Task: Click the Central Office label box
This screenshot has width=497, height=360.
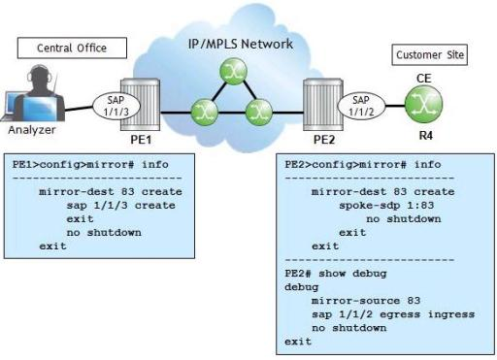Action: pyautogui.click(x=72, y=48)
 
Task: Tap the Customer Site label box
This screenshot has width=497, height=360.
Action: pyautogui.click(x=430, y=54)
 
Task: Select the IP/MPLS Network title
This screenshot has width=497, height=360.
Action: pyautogui.click(x=241, y=44)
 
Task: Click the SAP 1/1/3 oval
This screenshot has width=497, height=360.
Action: pyautogui.click(x=116, y=106)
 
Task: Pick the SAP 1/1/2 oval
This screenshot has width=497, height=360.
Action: pyautogui.click(x=361, y=106)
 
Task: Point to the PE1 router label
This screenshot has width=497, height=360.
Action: pyautogui.click(x=141, y=140)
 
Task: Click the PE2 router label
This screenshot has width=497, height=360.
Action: pyautogui.click(x=324, y=140)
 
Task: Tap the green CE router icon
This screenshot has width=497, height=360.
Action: pyautogui.click(x=424, y=104)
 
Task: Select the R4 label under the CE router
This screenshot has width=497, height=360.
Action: pyautogui.click(x=425, y=136)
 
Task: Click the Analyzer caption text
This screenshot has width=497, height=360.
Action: pyautogui.click(x=32, y=130)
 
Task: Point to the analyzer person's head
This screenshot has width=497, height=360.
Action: pyautogui.click(x=40, y=76)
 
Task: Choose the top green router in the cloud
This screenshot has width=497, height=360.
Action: pyautogui.click(x=233, y=72)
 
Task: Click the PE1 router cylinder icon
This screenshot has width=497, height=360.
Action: pyautogui.click(x=141, y=104)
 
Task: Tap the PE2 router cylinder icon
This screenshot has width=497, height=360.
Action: pyautogui.click(x=323, y=104)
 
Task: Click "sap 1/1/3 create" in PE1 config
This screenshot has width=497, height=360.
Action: pyautogui.click(x=121, y=206)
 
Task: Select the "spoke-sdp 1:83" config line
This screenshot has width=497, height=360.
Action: pyautogui.click(x=386, y=206)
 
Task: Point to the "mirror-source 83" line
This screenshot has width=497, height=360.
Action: pyautogui.click(x=366, y=301)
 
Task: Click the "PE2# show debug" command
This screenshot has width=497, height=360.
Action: pyautogui.click(x=336, y=274)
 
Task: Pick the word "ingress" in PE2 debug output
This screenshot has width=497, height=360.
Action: pyautogui.click(x=451, y=314)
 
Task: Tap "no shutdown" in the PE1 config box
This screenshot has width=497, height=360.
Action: pyautogui.click(x=104, y=233)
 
